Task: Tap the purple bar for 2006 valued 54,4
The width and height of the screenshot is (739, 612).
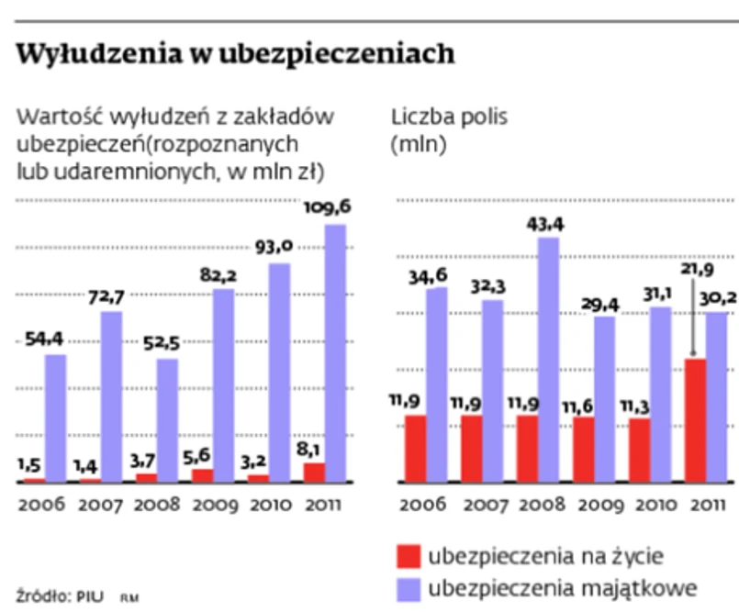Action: point(55,417)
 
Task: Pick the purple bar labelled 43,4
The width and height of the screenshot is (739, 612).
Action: point(548,360)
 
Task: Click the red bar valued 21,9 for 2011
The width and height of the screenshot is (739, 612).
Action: point(696,420)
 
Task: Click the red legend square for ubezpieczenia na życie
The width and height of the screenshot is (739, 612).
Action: point(407,556)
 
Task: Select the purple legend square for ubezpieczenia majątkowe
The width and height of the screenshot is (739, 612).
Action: point(407,586)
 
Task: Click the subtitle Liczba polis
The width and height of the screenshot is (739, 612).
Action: point(449,117)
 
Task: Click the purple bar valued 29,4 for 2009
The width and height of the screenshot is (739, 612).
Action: point(604,398)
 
